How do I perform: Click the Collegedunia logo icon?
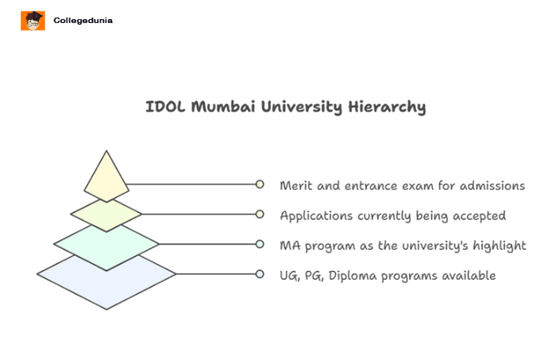point(33,21)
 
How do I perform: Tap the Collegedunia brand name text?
point(83,21)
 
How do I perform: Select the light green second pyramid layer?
point(106,213)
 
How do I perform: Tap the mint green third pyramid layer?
point(106,243)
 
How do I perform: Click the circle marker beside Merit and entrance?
point(260,184)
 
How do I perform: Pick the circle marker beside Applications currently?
point(260,214)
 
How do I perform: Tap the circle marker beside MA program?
point(260,244)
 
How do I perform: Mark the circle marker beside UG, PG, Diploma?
point(260,274)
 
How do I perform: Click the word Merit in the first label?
point(296,185)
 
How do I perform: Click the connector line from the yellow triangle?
point(191,184)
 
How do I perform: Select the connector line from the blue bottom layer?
point(214,274)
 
